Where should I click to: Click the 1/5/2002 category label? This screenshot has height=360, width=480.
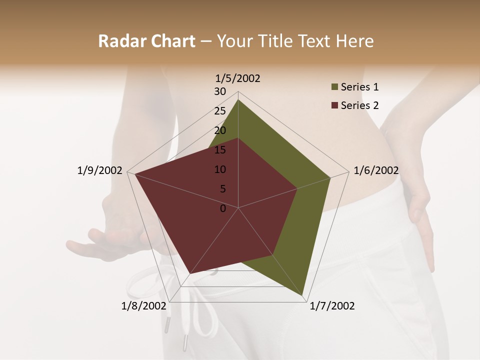coord(238,78)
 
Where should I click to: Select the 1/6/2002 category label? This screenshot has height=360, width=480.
coord(376,170)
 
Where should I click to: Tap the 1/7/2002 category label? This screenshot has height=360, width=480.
coord(332,306)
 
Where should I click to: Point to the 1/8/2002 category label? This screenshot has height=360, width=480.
coord(143,306)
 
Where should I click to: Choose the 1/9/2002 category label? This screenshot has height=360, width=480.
coord(100,170)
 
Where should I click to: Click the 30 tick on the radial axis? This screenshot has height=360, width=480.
coord(220,91)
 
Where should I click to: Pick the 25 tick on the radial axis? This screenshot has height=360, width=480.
coord(220,111)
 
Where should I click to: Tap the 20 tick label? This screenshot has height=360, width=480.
coord(220,130)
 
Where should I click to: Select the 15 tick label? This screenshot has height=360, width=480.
coord(220,150)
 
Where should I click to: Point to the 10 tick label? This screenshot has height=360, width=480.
coord(220,169)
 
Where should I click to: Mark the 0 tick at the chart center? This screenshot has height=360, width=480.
coord(223,208)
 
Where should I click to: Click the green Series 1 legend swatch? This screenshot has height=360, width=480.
coord(334,87)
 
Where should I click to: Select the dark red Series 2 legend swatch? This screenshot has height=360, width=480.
coord(334,105)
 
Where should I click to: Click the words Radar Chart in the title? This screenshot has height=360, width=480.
coord(146,41)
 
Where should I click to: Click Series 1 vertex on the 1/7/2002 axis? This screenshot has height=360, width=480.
coord(303,296)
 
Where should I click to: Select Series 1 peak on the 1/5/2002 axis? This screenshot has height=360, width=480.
coord(238,99)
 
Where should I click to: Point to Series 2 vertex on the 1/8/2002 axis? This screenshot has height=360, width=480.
coord(190,273)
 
